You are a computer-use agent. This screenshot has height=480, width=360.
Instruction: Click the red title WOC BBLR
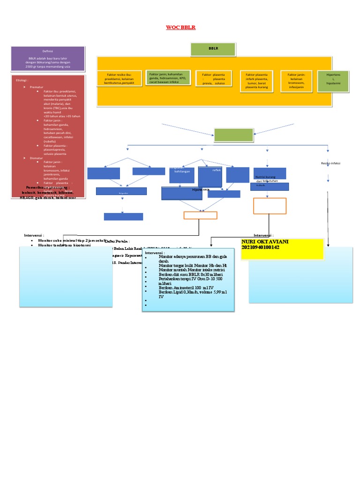(180, 28)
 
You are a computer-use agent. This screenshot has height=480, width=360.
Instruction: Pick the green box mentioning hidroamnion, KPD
(168, 78)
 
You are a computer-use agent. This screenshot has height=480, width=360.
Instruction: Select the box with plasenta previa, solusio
(213, 79)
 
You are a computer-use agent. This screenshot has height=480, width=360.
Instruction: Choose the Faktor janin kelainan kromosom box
(297, 80)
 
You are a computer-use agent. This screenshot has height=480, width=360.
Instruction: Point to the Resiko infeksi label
(330, 163)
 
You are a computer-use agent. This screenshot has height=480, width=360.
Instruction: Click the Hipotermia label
(201, 190)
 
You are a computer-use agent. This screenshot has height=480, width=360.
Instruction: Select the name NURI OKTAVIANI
(264, 241)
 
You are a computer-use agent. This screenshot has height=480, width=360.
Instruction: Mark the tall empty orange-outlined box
(270, 206)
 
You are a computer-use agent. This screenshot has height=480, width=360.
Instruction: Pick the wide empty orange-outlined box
(200, 215)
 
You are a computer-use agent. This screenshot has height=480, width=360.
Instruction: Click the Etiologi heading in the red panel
(22, 80)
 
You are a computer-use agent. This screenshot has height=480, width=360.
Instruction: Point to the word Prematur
(37, 87)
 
